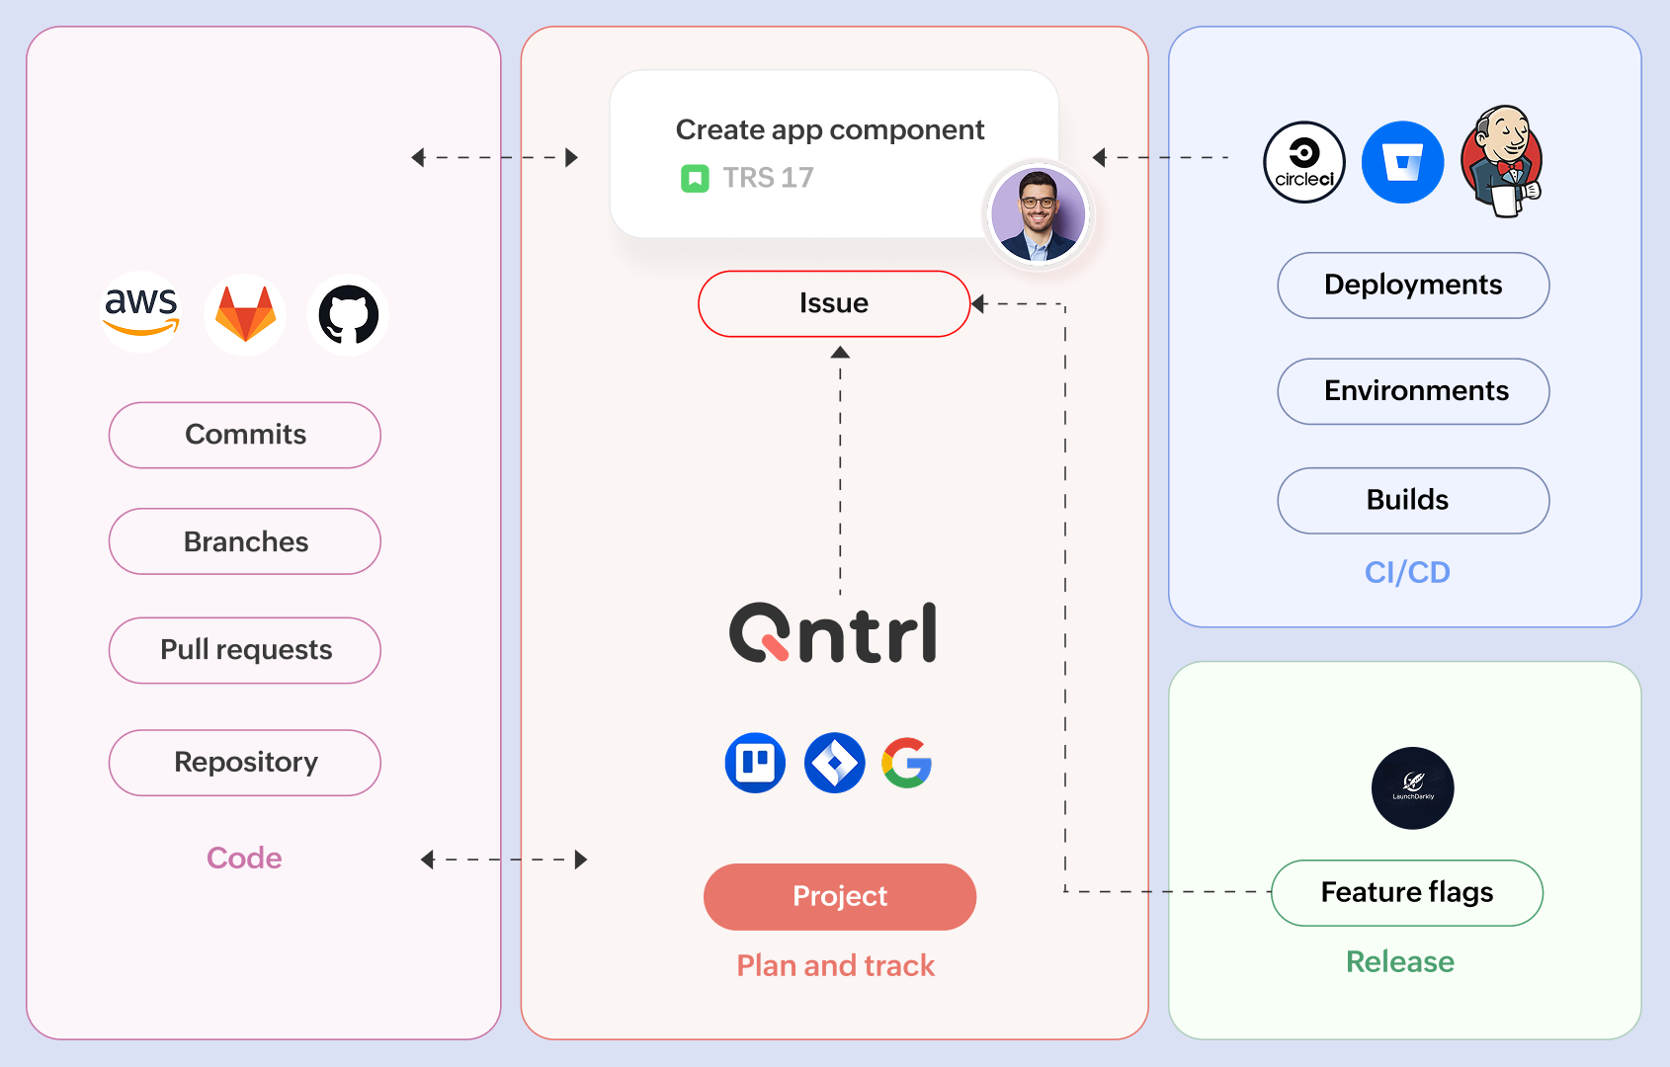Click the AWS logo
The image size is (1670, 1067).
coord(141,311)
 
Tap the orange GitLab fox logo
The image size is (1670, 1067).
coord(245,314)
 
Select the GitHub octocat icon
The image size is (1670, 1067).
coord(348,315)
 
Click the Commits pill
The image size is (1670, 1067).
coord(245,435)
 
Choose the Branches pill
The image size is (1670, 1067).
coord(245,541)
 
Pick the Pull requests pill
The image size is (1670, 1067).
coord(245,650)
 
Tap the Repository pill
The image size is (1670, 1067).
coord(245,763)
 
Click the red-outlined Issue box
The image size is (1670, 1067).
coord(834,303)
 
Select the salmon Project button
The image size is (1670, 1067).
coord(840,896)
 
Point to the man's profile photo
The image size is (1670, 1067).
coord(1038,214)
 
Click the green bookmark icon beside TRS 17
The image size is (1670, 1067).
coord(695,179)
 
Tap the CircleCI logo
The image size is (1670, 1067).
coord(1304,162)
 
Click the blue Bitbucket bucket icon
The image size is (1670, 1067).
coord(1402,162)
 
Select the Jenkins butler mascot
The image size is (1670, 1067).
coord(1502,162)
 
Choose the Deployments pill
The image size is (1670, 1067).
coord(1413,286)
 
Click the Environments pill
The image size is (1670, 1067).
coord(1413,391)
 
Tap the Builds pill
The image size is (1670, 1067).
coord(1413,500)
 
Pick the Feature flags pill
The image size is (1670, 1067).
coord(1407,892)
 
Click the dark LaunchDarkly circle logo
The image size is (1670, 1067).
coord(1413,788)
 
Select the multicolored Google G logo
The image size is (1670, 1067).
coord(907,763)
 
